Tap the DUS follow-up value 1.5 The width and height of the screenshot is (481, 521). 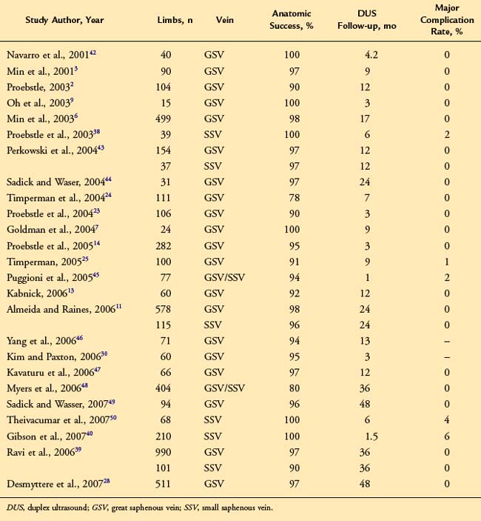pos(371,437)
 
